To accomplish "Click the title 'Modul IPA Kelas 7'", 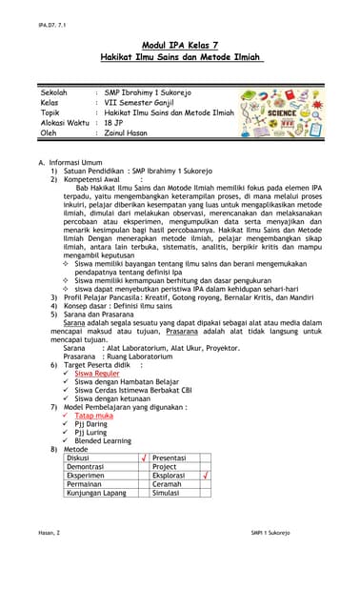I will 180,45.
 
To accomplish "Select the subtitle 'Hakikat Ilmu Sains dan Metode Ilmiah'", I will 180,57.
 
